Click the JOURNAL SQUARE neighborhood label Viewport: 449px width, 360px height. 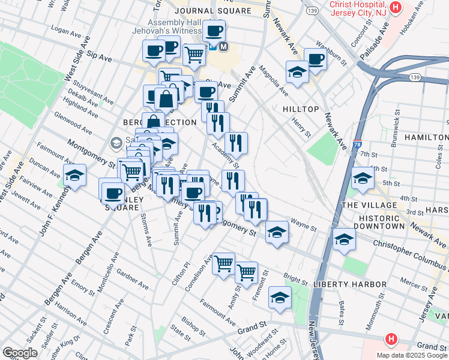(212, 11)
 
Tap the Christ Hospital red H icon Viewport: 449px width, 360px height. (395, 7)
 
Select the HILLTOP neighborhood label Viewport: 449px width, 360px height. (301, 109)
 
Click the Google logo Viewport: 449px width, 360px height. (20, 353)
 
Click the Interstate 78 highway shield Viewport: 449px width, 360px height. (358, 145)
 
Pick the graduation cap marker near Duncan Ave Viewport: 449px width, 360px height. (74, 176)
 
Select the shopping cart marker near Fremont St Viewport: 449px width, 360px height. (246, 272)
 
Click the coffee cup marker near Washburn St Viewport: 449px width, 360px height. (315, 59)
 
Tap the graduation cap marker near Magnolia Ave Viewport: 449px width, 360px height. (297, 72)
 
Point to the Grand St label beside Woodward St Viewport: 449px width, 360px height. (251, 328)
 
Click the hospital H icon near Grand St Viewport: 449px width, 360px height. (391, 340)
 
